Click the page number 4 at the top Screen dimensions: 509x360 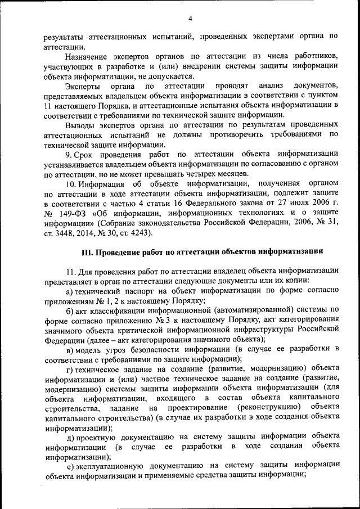coord(191,19)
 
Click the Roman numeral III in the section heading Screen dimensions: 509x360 coord(87,251)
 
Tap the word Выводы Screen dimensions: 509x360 coord(80,124)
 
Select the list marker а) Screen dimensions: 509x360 coord(70,290)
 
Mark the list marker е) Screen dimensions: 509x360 coord(70,465)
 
